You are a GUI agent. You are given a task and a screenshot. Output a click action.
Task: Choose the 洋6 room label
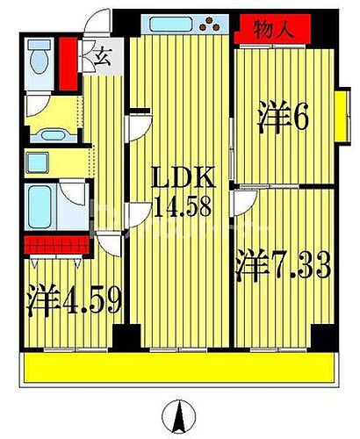(x=284, y=118)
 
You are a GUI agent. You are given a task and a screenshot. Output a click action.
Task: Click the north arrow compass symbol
(x=179, y=414)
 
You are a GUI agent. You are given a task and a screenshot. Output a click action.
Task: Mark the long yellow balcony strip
(x=180, y=368)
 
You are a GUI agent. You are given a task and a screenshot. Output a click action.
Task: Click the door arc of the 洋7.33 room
(x=242, y=203)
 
